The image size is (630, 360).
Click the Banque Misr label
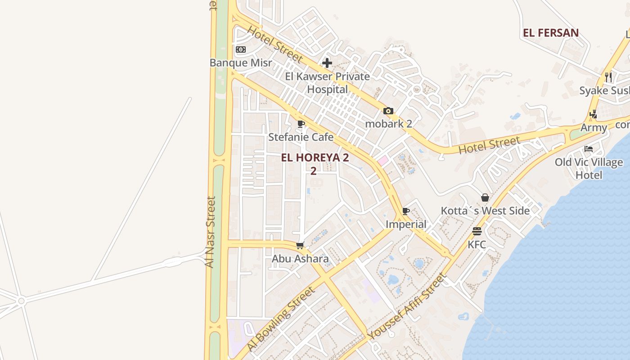[241, 63]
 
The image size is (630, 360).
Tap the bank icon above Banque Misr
[241, 49]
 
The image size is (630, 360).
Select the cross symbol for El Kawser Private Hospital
[327, 63]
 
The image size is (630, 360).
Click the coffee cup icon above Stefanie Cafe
[301, 124]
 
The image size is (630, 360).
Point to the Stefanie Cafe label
[301, 137]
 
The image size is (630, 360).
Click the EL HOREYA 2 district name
[315, 158]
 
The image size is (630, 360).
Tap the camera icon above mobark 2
[388, 111]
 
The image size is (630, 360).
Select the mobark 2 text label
[388, 124]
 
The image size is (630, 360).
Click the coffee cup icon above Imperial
[405, 211]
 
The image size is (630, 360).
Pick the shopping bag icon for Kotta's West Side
[485, 198]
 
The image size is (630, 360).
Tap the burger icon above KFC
[477, 231]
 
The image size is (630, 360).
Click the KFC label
[477, 244]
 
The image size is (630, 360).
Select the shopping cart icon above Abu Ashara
[300, 246]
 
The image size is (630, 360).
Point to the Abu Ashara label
[300, 259]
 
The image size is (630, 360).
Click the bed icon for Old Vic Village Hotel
[588, 149]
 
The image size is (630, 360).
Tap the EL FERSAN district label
[550, 33]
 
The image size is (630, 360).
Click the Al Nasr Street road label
[210, 232]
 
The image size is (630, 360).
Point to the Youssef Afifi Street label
[406, 306]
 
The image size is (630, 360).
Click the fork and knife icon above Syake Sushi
[608, 77]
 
